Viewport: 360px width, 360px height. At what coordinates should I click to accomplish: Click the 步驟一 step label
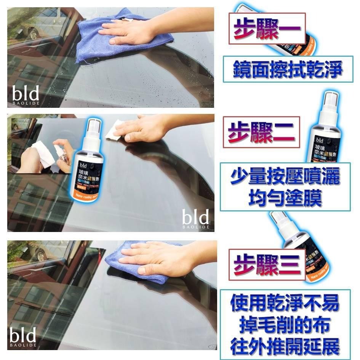267,29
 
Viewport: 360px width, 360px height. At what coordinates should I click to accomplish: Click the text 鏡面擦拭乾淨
288,69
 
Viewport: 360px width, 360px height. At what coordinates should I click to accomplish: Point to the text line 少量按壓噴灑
285,178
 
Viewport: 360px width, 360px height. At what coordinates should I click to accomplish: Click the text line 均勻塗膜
285,198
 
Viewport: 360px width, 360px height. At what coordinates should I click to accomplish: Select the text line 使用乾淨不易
285,304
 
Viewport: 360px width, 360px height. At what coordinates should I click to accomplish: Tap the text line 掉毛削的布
285,325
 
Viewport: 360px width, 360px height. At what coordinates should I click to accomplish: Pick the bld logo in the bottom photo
23,337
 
